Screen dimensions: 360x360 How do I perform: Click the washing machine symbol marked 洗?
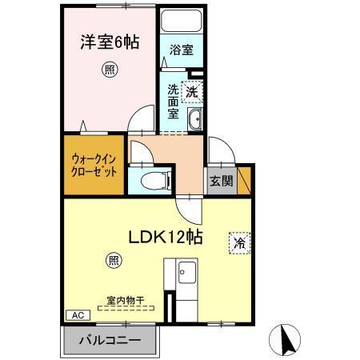point(192,91)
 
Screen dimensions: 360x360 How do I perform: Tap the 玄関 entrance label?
point(222,181)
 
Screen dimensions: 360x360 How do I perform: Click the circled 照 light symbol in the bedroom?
point(108,70)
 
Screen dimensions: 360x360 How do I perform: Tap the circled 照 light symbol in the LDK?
point(114,260)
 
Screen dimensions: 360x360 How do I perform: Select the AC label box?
point(78,315)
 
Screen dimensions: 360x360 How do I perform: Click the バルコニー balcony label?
point(110,341)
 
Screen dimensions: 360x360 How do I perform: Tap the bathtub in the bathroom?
point(180,23)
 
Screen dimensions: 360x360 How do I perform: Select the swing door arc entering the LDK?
point(190,210)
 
